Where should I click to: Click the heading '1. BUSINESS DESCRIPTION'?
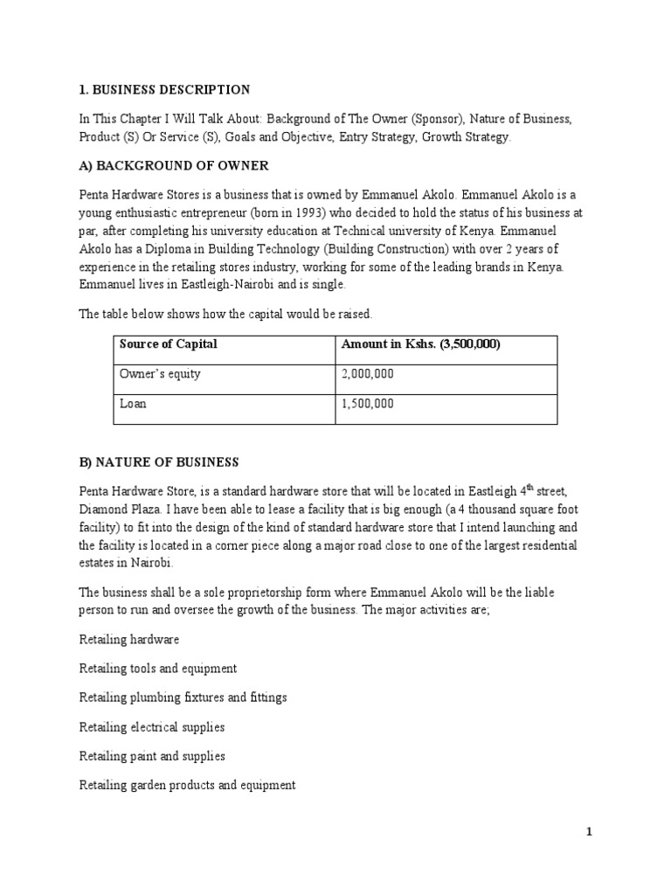pyautogui.click(x=164, y=90)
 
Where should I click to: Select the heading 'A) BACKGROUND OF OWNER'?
pyautogui.click(x=173, y=166)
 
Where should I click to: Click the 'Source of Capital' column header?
pyautogui.click(x=168, y=344)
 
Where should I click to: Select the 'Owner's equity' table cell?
pyautogui.click(x=160, y=374)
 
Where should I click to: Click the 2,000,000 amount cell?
pyautogui.click(x=368, y=374)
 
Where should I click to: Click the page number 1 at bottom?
pyautogui.click(x=589, y=832)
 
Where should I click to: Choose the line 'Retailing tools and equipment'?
pyautogui.click(x=157, y=670)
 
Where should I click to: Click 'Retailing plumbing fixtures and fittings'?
pyautogui.click(x=183, y=698)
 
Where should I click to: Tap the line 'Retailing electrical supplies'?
pyautogui.click(x=151, y=727)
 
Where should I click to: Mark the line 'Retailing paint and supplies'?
pyautogui.click(x=151, y=756)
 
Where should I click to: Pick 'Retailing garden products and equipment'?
pyautogui.click(x=187, y=785)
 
